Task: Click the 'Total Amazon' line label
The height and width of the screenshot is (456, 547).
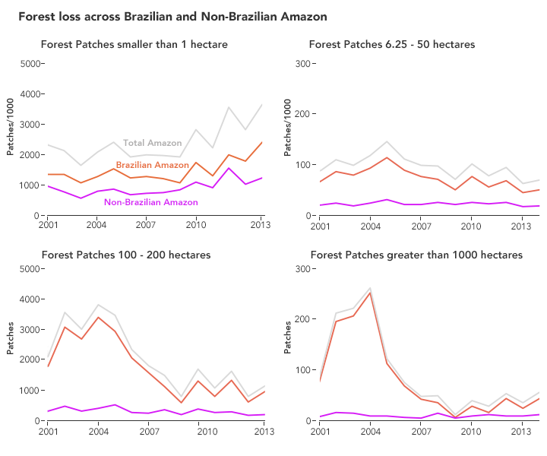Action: coord(153,143)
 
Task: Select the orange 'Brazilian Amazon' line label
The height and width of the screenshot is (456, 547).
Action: coord(153,165)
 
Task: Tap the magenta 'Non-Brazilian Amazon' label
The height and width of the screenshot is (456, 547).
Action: coord(150,202)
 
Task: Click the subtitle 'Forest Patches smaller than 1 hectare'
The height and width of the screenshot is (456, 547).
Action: coord(134,45)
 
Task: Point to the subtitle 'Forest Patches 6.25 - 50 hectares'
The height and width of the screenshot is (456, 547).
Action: coord(392,45)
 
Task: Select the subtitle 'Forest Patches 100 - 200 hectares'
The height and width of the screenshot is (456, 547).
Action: coord(126,255)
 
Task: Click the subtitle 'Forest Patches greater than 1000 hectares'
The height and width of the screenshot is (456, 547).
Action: coord(416,255)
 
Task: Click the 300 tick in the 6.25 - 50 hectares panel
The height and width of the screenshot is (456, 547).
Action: coord(301,64)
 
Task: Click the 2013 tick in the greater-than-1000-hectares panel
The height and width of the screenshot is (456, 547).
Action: coord(521,432)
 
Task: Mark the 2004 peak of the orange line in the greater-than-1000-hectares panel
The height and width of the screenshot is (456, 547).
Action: coord(370,293)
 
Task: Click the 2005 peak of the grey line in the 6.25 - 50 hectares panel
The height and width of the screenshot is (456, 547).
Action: coord(387,141)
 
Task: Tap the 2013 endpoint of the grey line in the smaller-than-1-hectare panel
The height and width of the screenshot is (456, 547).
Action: coord(262,105)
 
